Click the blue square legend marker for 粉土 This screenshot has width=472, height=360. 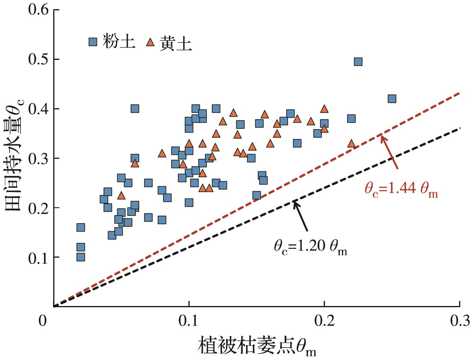[93, 41]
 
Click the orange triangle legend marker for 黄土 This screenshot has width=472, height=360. [150, 42]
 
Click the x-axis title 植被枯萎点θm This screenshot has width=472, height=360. [257, 346]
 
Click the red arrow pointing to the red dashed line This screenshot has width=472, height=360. [389, 152]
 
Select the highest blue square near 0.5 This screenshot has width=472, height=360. [358, 62]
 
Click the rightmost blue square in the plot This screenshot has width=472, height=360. [392, 99]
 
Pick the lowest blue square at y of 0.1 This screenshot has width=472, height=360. [80, 257]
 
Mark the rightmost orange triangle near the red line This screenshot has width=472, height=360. [352, 143]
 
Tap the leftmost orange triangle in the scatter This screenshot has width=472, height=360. [121, 195]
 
